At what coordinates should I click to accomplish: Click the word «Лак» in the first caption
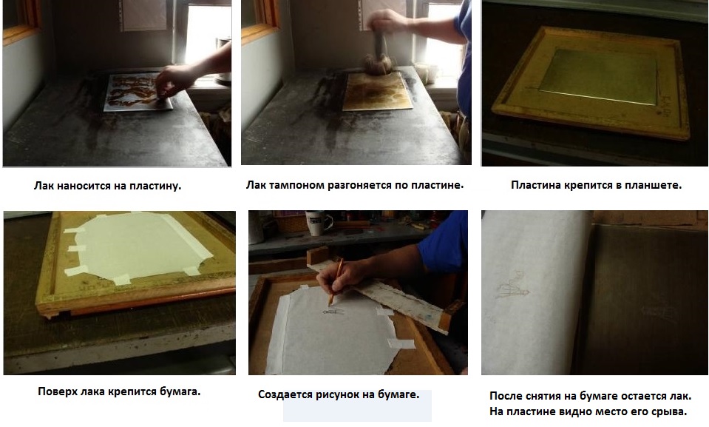tap(44, 186)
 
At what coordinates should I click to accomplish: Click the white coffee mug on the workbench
tap(319, 223)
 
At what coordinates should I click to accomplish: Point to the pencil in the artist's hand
tap(335, 282)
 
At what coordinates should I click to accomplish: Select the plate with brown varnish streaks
tap(138, 92)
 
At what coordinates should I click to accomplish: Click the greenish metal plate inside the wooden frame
tap(598, 76)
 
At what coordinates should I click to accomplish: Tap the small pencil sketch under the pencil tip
tap(333, 312)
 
